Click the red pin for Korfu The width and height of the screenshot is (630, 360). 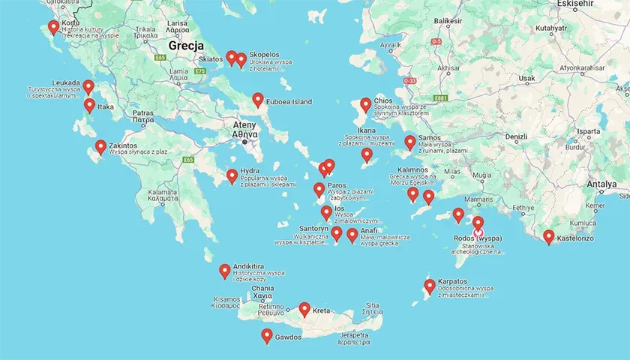click(x=53, y=28)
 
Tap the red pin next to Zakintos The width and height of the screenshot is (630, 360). click(x=100, y=147)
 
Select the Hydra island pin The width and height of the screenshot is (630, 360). click(x=232, y=176)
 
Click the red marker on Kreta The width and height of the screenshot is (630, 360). click(x=304, y=308)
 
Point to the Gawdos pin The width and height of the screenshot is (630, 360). click(x=266, y=335)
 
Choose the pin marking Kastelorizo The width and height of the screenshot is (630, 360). click(x=549, y=237)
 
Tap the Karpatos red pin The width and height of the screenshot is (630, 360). click(x=430, y=286)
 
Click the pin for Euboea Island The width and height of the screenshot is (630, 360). click(x=258, y=100)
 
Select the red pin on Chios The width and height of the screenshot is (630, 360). click(x=365, y=105)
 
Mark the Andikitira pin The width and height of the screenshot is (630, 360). click(x=224, y=271)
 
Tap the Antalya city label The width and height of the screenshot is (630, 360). click(x=601, y=184)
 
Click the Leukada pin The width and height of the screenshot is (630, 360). click(x=88, y=87)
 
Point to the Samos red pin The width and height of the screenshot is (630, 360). click(x=410, y=142)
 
